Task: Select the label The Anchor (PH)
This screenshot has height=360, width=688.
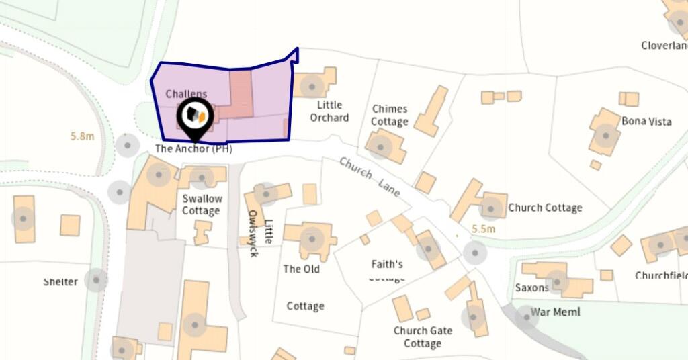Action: point(193,149)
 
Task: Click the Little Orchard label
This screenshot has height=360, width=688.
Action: point(329,111)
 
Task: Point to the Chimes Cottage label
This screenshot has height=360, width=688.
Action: point(390,115)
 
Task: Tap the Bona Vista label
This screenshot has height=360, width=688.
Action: point(643,121)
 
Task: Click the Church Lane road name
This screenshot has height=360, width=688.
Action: point(370,177)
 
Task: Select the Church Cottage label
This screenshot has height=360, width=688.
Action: point(545,208)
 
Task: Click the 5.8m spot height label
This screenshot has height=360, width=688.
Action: point(82,136)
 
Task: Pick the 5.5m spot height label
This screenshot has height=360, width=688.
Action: point(483,229)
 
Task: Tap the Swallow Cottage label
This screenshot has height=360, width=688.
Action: point(202,205)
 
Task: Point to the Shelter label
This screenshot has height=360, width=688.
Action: point(60,281)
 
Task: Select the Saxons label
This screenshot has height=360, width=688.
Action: point(532,288)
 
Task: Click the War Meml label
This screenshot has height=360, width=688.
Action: point(555,312)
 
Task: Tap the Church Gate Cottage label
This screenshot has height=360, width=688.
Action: point(423,337)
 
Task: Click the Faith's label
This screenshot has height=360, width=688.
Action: point(387,264)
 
